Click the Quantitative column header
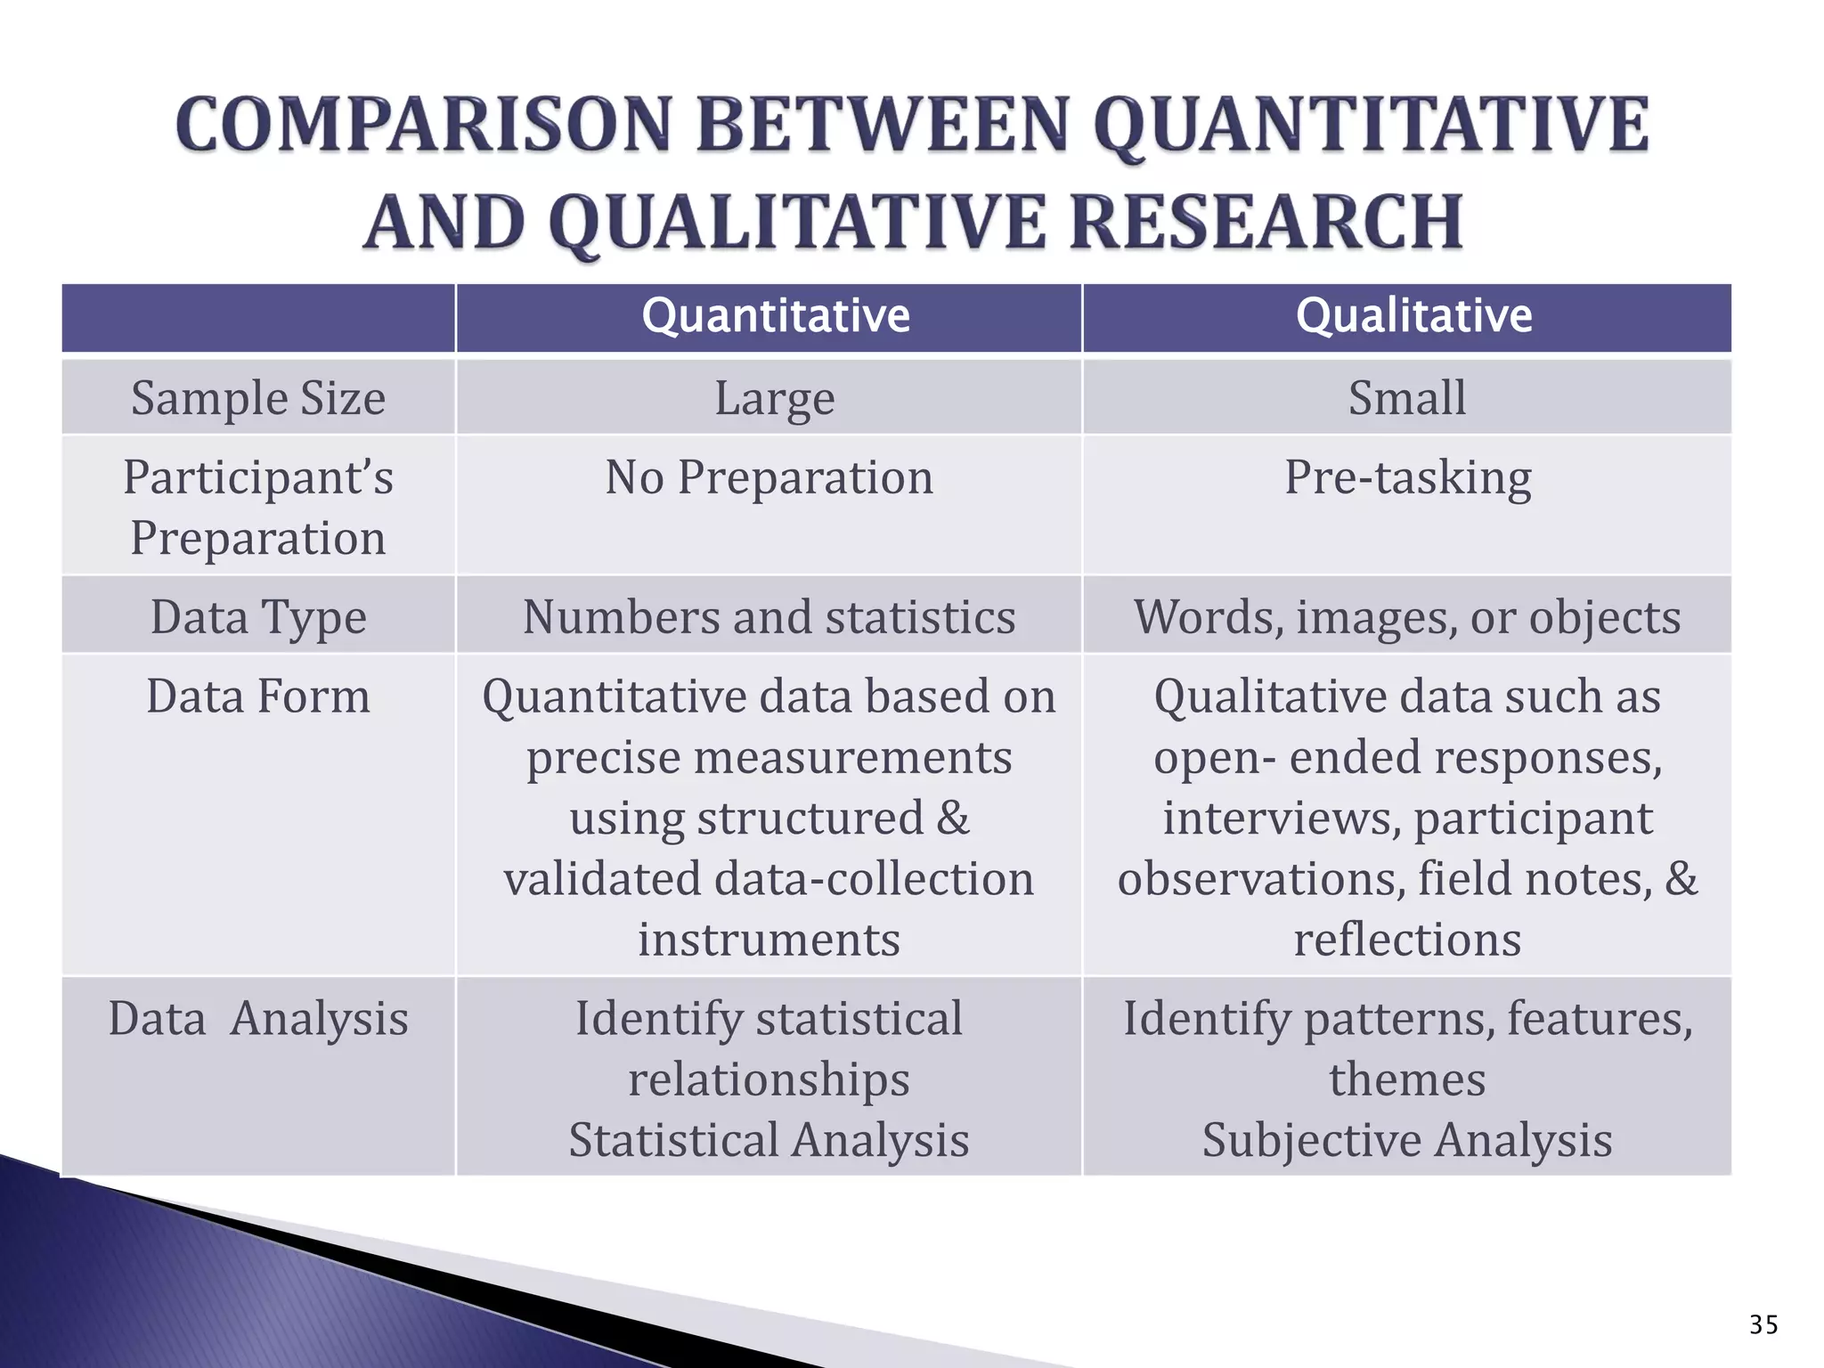(775, 316)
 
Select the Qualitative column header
(1413, 316)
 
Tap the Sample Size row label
(258, 398)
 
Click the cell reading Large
(775, 398)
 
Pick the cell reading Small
(1407, 398)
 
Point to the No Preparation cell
(769, 477)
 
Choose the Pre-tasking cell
(1407, 477)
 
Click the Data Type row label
(258, 617)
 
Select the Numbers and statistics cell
(769, 617)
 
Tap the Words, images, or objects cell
(1407, 617)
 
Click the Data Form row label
(258, 696)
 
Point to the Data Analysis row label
(258, 1019)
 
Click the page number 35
(1763, 1325)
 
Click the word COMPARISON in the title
(423, 126)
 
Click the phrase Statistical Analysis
(769, 1140)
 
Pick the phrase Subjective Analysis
(1407, 1140)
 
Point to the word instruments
(769, 940)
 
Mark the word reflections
(1407, 940)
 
